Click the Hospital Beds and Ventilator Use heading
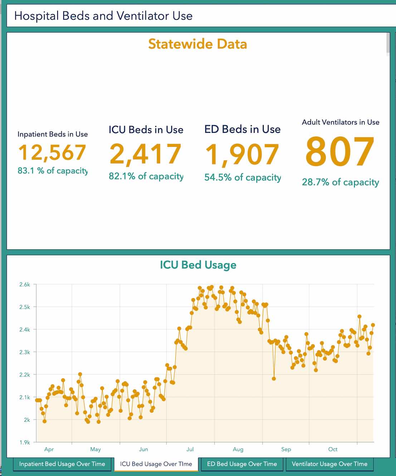click(x=103, y=16)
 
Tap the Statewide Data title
click(x=197, y=44)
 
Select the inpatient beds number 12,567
click(x=52, y=153)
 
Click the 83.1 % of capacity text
click(x=53, y=171)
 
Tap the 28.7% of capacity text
click(x=340, y=182)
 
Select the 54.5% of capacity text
click(x=243, y=177)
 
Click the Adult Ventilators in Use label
click(x=341, y=122)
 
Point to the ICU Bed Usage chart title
click(x=198, y=265)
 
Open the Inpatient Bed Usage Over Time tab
click(x=62, y=464)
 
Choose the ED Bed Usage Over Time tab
click(x=242, y=464)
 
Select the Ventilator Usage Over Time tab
click(x=329, y=464)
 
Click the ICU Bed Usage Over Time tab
click(x=156, y=464)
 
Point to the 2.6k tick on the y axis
click(x=25, y=285)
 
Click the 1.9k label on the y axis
click(x=25, y=442)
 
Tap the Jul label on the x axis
click(x=190, y=449)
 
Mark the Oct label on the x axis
click(x=333, y=449)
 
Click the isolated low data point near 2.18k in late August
click(x=274, y=379)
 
